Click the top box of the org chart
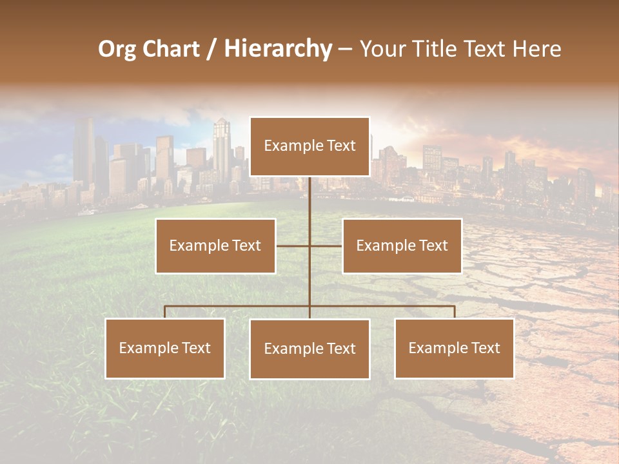click(x=309, y=146)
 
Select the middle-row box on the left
click(x=215, y=246)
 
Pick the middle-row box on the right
click(x=402, y=246)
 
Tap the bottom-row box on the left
click(x=165, y=348)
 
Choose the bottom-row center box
click(x=309, y=349)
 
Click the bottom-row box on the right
click(x=454, y=348)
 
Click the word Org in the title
click(x=117, y=49)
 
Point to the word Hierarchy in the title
click(x=278, y=49)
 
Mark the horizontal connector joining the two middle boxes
click(x=293, y=246)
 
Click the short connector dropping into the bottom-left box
click(x=165, y=312)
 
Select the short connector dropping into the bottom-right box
click(x=454, y=312)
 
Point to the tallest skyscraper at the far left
click(x=83, y=151)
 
